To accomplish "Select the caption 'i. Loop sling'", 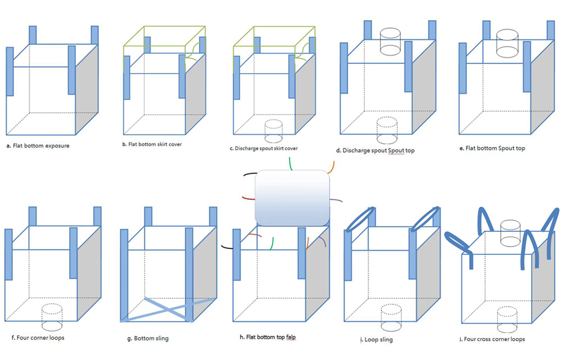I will pyautogui.click(x=376, y=339).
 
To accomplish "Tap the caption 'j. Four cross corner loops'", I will pyautogui.click(x=493, y=339).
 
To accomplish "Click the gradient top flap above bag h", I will pyautogui.click(x=292, y=197).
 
